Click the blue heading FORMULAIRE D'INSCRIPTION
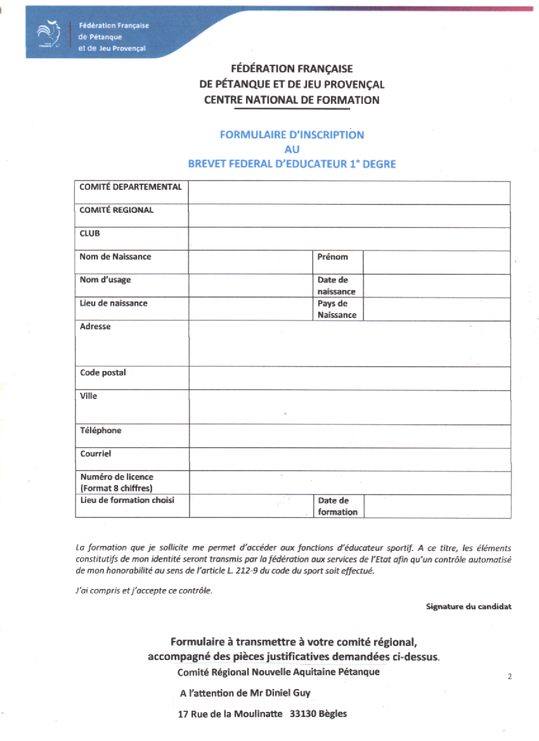tap(292, 135)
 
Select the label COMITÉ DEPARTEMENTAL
tap(131, 187)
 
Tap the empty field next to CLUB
tap(349, 239)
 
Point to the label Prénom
tap(333, 257)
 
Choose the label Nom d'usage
tap(105, 280)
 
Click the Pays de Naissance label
tap(337, 309)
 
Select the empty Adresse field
tap(349, 344)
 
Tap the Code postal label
tap(103, 373)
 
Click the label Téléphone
tap(101, 431)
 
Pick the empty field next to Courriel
tap(349, 459)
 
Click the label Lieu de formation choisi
tap(127, 500)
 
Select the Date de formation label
tap(337, 506)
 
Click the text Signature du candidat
tap(469, 607)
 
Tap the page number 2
tap(510, 677)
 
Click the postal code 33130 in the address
tap(304, 714)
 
